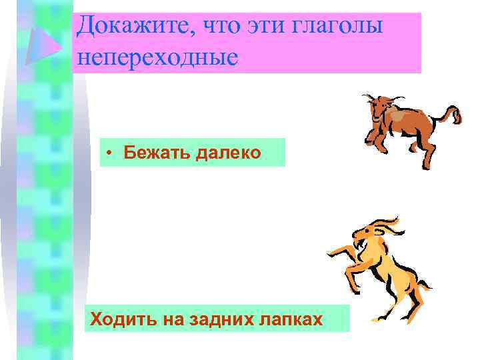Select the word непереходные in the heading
tap(157, 58)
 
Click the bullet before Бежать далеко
tap(109, 153)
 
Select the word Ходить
tap(121, 319)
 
